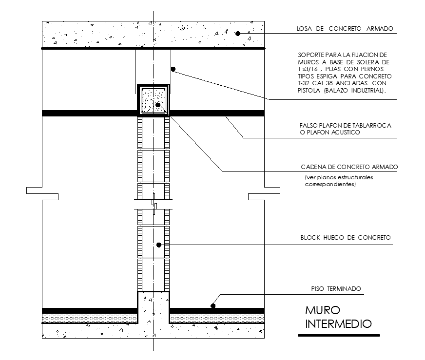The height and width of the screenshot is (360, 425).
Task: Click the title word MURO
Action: pyautogui.click(x=323, y=310)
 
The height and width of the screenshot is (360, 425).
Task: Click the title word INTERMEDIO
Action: pyautogui.click(x=338, y=324)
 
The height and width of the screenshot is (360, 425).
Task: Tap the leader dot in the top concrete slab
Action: pyautogui.click(x=238, y=34)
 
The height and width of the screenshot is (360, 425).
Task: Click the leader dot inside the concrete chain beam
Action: pyautogui.click(x=158, y=105)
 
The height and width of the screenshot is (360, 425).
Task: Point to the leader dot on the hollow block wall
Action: pyautogui.click(x=159, y=245)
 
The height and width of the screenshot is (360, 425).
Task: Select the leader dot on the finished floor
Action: pyautogui.click(x=213, y=306)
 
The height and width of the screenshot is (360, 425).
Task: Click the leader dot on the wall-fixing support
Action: pyautogui.click(x=173, y=69)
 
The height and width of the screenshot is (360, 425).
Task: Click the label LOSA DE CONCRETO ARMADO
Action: pyautogui.click(x=345, y=28)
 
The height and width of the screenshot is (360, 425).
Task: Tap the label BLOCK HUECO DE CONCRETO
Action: pyautogui.click(x=346, y=238)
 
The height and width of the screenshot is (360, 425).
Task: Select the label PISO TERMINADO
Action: pyautogui.click(x=336, y=289)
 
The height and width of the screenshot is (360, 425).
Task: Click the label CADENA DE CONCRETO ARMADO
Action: pyautogui.click(x=349, y=167)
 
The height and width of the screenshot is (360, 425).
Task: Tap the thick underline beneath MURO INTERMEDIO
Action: pyautogui.click(x=339, y=335)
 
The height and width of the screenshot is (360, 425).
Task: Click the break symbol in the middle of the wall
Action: pyautogui.click(x=154, y=204)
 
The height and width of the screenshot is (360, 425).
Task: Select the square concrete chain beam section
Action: pyautogui.click(x=154, y=100)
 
